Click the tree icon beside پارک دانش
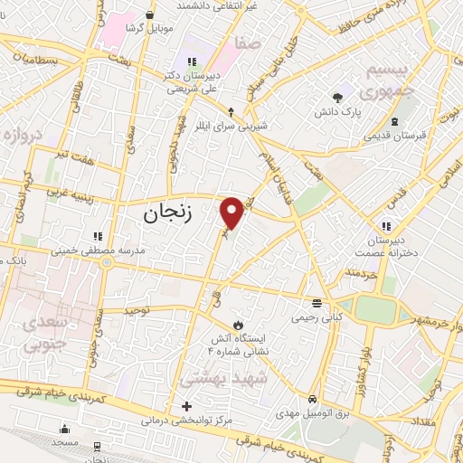[338, 96]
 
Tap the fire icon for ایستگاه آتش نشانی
[237, 324]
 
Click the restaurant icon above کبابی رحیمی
[316, 303]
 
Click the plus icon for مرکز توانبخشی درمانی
[187, 406]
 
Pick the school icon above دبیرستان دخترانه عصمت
[385, 225]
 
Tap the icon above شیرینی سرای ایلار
[231, 111]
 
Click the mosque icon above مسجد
[64, 430]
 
